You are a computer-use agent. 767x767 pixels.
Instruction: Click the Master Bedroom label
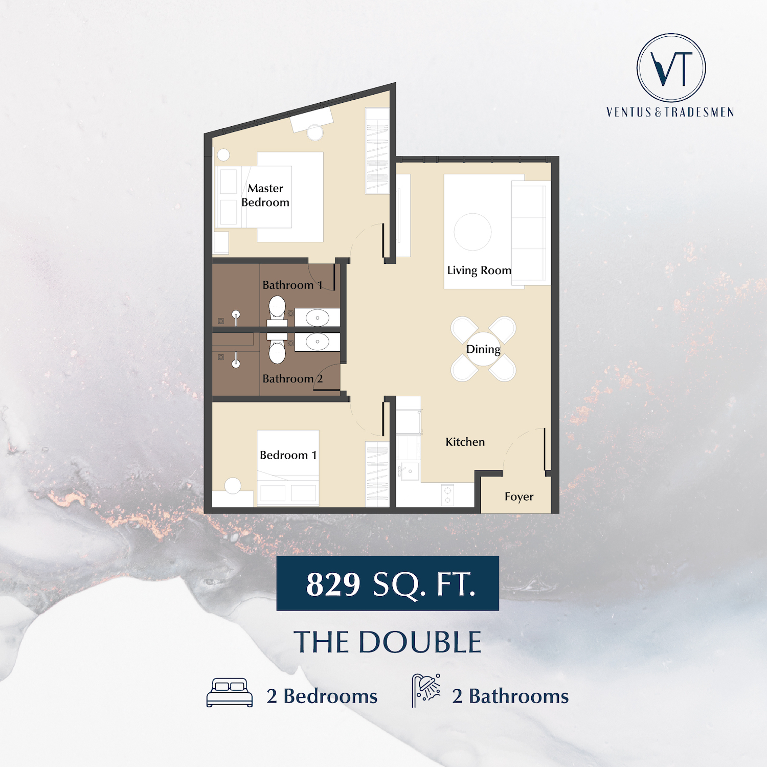pyautogui.click(x=265, y=195)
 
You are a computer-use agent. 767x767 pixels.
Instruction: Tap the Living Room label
pyautogui.click(x=479, y=270)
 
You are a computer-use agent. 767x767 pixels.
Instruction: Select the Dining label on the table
pyautogui.click(x=483, y=349)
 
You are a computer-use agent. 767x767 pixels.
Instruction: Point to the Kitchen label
pyautogui.click(x=465, y=442)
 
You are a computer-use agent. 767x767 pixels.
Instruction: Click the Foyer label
pyautogui.click(x=519, y=497)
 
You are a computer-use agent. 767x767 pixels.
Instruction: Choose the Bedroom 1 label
pyautogui.click(x=288, y=455)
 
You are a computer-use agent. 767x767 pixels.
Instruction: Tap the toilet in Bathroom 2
pyautogui.click(x=277, y=349)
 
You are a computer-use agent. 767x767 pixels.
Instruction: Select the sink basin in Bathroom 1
pyautogui.click(x=318, y=318)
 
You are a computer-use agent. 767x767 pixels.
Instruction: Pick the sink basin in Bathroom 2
pyautogui.click(x=318, y=341)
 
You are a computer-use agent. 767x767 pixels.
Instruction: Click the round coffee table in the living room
pyautogui.click(x=472, y=232)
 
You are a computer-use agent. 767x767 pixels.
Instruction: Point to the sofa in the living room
pyautogui.click(x=531, y=233)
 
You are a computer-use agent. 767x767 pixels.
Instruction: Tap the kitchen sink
pyautogui.click(x=409, y=471)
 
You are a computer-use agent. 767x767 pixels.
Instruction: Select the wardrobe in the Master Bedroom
pyautogui.click(x=377, y=151)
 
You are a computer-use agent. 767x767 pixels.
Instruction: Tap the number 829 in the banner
pyautogui.click(x=333, y=584)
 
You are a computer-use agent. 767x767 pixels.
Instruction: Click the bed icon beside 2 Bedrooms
pyautogui.click(x=230, y=693)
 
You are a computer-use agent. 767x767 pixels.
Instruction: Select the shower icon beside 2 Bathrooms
pyautogui.click(x=426, y=690)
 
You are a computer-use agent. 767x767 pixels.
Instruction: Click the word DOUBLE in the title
pyautogui.click(x=420, y=642)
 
